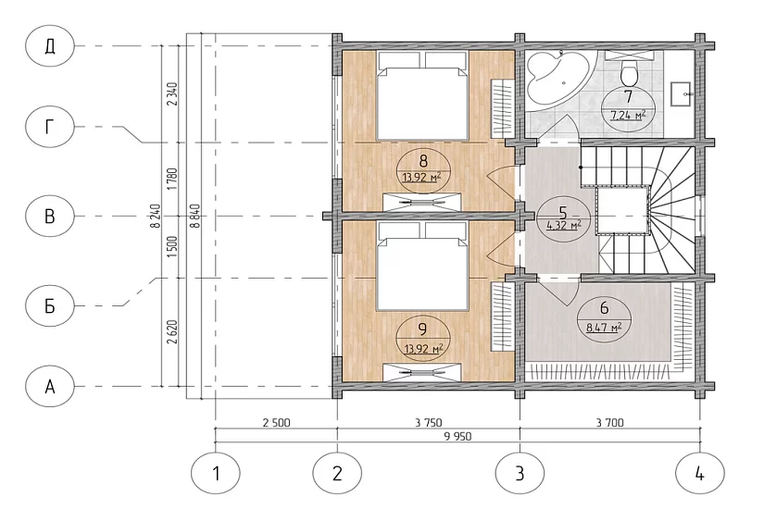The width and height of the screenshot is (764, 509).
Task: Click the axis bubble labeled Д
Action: coord(50,46)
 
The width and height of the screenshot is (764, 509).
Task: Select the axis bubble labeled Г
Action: coord(50,127)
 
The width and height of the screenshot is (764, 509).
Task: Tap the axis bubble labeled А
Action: coord(50,387)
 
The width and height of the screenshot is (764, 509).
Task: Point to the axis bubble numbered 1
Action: coord(216,473)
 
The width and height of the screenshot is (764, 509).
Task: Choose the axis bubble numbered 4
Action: coord(700,473)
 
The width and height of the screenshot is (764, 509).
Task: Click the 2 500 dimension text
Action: coord(276,422)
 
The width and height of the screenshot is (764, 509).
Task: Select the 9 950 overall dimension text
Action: coord(458,437)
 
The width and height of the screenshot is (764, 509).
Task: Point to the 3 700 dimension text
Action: coord(609,422)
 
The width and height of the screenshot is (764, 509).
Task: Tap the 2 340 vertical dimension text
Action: coord(172,94)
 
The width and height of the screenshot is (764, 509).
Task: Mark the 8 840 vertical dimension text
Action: coord(195,216)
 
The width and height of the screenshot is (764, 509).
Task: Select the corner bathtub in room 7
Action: coord(560,77)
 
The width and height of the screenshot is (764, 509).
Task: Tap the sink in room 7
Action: coord(682,93)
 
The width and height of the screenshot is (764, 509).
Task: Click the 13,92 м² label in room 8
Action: coord(421,177)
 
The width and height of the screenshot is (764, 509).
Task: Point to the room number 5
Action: coord(563,213)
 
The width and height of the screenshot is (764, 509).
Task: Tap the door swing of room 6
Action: coord(558,292)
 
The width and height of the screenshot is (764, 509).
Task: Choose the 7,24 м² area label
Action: coord(628,116)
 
